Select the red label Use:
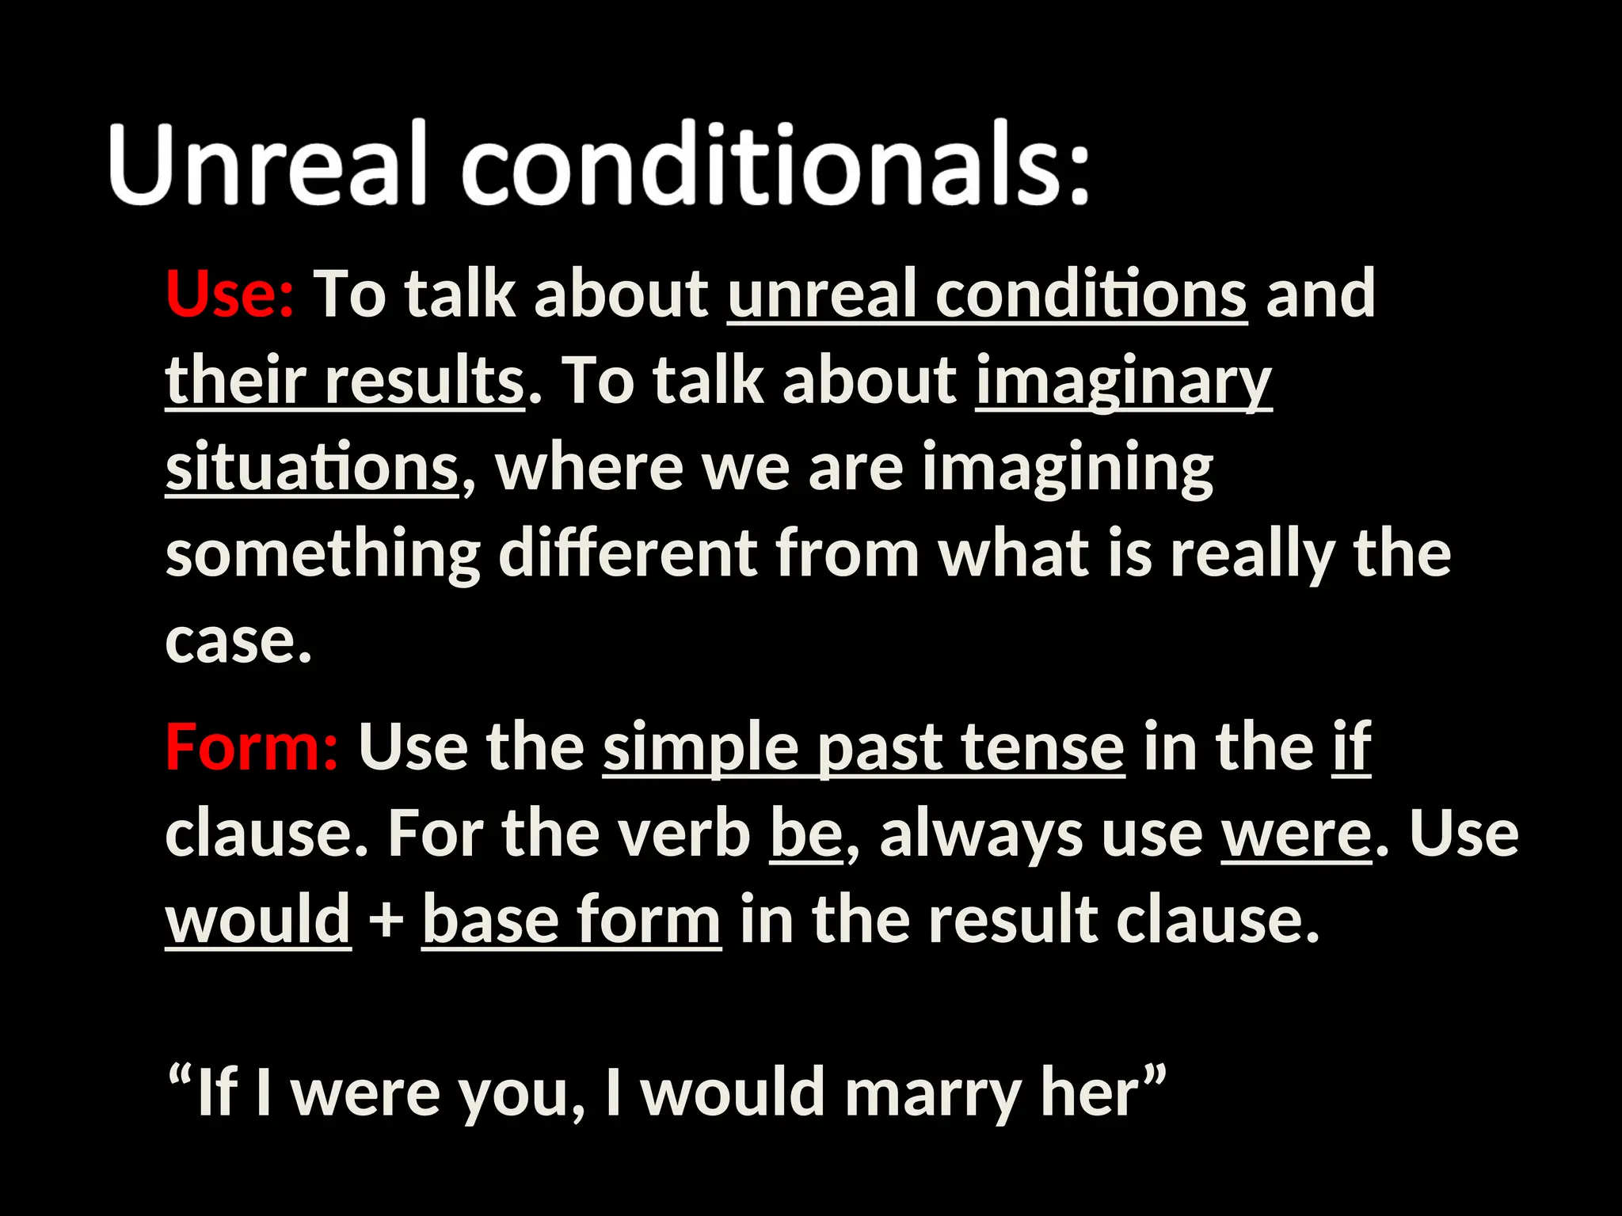click(x=230, y=294)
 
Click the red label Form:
click(x=252, y=747)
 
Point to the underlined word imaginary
click(x=1123, y=382)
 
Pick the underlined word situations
click(x=311, y=469)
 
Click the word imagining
click(x=1067, y=469)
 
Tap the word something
click(x=322, y=556)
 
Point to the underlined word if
click(x=1351, y=747)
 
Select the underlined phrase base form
click(x=571, y=921)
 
